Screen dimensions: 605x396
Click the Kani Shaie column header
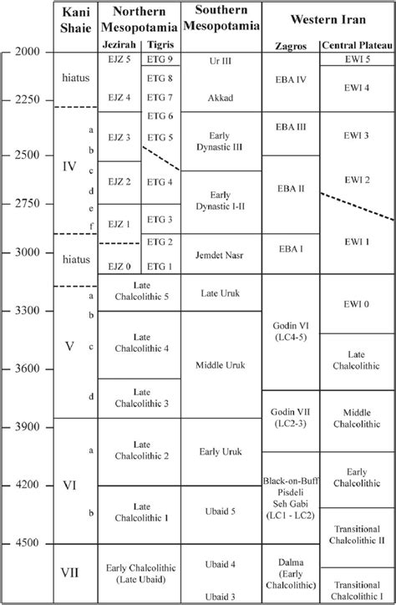click(x=75, y=18)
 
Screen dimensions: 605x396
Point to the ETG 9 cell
click(x=159, y=59)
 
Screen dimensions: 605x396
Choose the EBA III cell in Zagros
click(x=290, y=127)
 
